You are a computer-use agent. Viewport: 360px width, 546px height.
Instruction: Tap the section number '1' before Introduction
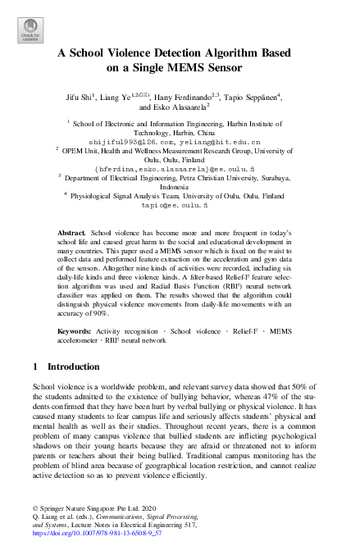(x=34, y=389)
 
